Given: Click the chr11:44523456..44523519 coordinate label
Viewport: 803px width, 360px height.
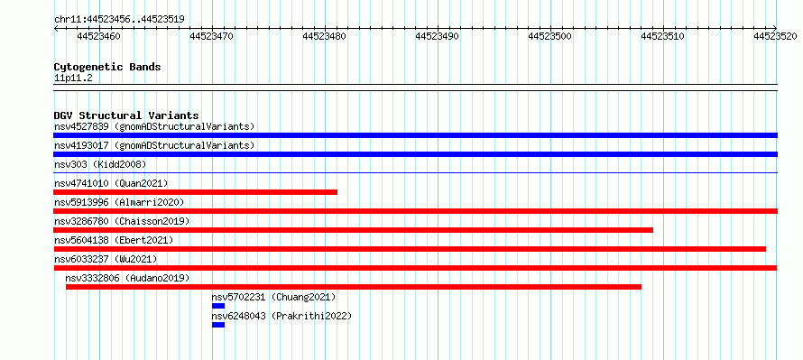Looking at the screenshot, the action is pyautogui.click(x=119, y=20).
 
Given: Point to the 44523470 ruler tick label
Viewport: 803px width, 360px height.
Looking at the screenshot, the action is pyautogui.click(x=212, y=36).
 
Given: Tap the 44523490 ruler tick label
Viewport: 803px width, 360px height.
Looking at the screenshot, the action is pyautogui.click(x=438, y=36).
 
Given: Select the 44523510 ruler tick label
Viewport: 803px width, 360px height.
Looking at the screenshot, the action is pyautogui.click(x=662, y=36).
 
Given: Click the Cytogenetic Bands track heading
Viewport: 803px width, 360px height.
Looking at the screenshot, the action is pyautogui.click(x=107, y=67).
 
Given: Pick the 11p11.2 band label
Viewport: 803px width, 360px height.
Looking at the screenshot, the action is pyautogui.click(x=73, y=78).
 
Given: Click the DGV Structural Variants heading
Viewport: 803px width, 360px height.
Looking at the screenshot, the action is pyautogui.click(x=126, y=115).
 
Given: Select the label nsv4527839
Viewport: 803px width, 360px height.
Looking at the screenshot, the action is pyautogui.click(x=81, y=126).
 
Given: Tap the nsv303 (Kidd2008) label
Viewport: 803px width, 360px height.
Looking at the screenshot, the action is pyautogui.click(x=100, y=164).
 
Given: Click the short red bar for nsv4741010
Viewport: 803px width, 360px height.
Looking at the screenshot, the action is pyautogui.click(x=195, y=192).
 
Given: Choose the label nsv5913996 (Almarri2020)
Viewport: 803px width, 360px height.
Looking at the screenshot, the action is pyautogui.click(x=119, y=202).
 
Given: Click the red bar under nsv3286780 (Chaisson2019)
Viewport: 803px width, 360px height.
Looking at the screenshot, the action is pyautogui.click(x=354, y=230).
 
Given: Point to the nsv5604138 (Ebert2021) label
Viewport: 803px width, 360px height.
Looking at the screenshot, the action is pyautogui.click(x=114, y=240).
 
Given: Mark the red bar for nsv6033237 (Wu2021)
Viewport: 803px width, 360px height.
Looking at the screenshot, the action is pyautogui.click(x=415, y=268).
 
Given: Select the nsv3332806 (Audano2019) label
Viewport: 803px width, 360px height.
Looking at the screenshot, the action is pyautogui.click(x=127, y=278).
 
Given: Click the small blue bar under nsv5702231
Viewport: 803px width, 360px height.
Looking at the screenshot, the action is pyautogui.click(x=218, y=306).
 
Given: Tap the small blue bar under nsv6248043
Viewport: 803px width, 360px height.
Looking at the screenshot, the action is pyautogui.click(x=218, y=325).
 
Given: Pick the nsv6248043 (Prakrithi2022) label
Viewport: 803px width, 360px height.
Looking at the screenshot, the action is pyautogui.click(x=282, y=316).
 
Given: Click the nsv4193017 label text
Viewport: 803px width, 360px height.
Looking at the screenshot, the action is pyautogui.click(x=81, y=145).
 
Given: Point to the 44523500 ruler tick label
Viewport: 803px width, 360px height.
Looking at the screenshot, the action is pyautogui.click(x=550, y=36).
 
